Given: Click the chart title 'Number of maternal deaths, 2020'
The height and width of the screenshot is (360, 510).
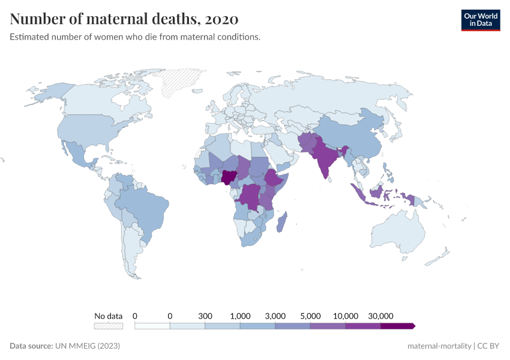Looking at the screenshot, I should click(x=124, y=19).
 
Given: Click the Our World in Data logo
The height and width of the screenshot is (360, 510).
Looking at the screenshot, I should click(x=480, y=20).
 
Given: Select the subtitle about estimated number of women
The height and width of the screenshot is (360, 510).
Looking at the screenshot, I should click(x=135, y=37).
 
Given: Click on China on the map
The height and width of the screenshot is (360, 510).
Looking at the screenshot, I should click(x=354, y=138).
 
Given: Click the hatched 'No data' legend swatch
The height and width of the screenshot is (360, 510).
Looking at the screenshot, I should click(x=108, y=326).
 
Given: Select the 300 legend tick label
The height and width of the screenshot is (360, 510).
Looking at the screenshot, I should click(x=205, y=316).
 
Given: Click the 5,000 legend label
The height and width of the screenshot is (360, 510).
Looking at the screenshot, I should click(x=310, y=316).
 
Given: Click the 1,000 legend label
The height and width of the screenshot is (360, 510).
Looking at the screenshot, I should click(x=240, y=316).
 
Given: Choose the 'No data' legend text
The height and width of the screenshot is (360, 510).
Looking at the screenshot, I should click(x=108, y=316).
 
